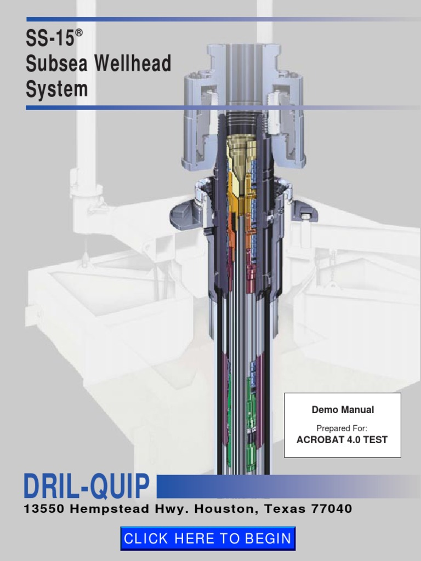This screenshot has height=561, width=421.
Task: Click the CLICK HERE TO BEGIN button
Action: tap(208, 539)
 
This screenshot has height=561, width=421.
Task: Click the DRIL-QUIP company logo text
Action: tap(87, 486)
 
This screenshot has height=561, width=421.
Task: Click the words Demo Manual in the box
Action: tap(343, 409)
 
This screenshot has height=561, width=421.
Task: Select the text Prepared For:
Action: tap(342, 427)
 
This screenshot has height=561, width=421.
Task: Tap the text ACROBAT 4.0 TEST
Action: tap(342, 439)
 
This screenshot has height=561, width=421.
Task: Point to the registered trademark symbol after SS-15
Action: tap(79, 33)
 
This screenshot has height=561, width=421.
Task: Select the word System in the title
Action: tap(56, 89)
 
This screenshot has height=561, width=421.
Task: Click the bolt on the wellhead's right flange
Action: tap(304, 215)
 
